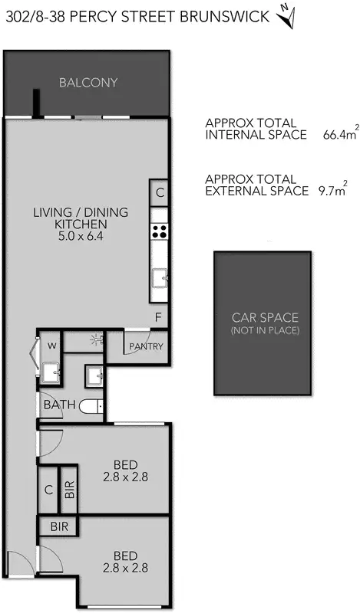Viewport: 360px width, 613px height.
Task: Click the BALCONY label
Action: tap(88, 83)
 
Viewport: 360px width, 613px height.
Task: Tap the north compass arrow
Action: tap(286, 16)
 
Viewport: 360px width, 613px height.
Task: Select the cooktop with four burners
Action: tap(159, 231)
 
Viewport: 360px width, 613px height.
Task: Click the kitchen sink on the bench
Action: tap(159, 280)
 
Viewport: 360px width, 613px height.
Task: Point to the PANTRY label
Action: tap(146, 346)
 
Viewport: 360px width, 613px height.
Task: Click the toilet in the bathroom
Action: tap(92, 407)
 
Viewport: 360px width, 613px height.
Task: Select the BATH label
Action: tap(58, 405)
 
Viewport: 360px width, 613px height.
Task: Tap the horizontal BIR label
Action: tap(59, 527)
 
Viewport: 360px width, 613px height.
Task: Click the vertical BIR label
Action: tap(68, 490)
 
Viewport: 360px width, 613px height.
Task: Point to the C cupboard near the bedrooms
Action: tap(48, 490)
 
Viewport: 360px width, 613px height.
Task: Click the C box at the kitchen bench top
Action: tap(159, 193)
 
